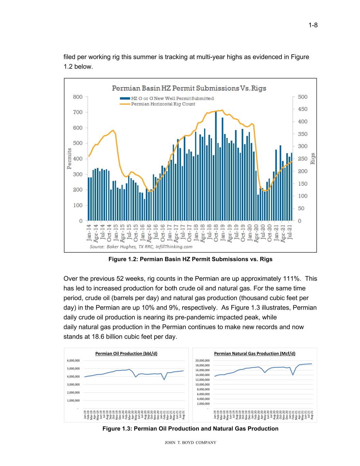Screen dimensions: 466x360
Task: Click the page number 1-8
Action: pyautogui.click(x=313, y=25)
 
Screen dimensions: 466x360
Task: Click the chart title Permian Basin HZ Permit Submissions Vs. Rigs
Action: pyautogui.click(x=189, y=88)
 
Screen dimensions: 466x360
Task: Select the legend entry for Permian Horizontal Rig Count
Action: pyautogui.click(x=163, y=104)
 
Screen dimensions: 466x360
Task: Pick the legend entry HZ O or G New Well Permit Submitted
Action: pyautogui.click(x=172, y=98)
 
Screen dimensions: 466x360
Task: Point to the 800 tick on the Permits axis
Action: pyautogui.click(x=78, y=97)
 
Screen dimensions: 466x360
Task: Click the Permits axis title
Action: pyautogui.click(x=69, y=158)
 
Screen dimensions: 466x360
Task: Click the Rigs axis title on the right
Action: pyautogui.click(x=313, y=158)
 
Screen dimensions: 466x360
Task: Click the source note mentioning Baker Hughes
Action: pyautogui.click(x=141, y=246)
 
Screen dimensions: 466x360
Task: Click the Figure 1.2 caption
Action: pyautogui.click(x=190, y=259)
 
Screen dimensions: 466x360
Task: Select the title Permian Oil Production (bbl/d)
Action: pyautogui.click(x=126, y=353)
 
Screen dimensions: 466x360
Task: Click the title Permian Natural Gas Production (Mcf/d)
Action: pyautogui.click(x=255, y=353)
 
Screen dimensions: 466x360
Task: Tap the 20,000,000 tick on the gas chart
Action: pyautogui.click(x=202, y=361)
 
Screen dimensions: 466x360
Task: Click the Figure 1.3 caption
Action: pyautogui.click(x=190, y=428)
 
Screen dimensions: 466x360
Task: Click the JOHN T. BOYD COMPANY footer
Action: pyautogui.click(x=190, y=443)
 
